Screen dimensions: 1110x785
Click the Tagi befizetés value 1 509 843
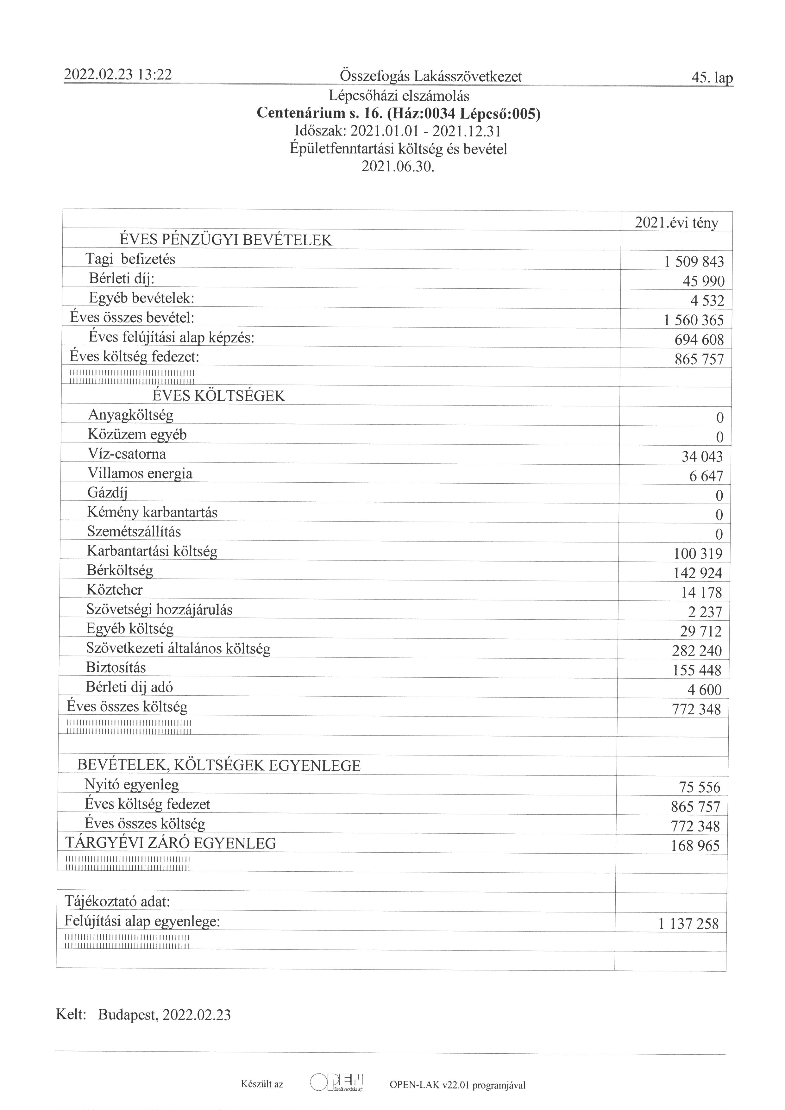(694, 261)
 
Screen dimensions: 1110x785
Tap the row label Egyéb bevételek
(141, 298)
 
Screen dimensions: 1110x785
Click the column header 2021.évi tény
(676, 223)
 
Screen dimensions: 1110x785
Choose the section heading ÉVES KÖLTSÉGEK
(219, 396)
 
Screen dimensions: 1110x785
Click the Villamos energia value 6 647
(706, 476)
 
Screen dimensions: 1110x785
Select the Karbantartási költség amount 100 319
(698, 554)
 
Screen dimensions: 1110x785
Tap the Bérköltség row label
(120, 570)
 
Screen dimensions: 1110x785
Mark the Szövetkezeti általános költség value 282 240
(697, 651)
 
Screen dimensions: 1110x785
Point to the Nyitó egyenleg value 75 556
(699, 787)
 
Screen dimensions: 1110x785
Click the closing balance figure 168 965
(695, 845)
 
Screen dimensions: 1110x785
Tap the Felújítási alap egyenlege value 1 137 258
(688, 924)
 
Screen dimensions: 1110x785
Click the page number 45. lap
(712, 78)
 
